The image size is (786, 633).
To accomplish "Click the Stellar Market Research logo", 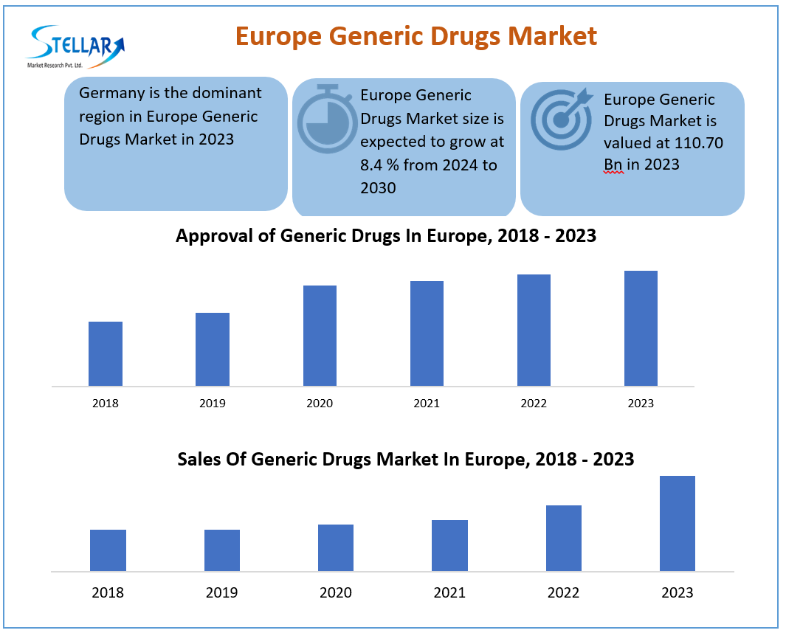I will tap(75, 46).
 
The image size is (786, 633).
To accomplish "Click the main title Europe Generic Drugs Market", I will tap(416, 35).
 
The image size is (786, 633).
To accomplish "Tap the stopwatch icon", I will tap(327, 119).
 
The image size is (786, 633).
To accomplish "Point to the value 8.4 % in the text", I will tap(379, 165).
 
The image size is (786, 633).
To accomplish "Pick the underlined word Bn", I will tap(613, 165).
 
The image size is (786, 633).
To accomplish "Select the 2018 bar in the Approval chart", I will tap(106, 353).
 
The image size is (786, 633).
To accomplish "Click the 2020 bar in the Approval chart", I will tap(320, 336).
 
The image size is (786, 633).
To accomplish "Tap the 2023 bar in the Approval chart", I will tap(641, 328).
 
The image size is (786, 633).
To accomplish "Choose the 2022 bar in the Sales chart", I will tap(564, 538).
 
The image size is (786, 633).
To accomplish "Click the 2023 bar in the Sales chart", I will tap(678, 523).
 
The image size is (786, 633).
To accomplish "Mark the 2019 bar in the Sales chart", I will tap(222, 550).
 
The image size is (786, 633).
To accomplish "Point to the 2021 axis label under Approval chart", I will tap(427, 404).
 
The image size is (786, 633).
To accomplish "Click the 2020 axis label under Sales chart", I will tap(336, 592).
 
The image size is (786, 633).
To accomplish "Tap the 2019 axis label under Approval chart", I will tap(213, 404).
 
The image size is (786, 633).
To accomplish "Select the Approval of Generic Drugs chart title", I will tap(385, 236).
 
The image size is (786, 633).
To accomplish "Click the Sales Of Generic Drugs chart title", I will tap(405, 459).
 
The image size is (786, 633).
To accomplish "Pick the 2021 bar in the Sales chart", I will tap(449, 545).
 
